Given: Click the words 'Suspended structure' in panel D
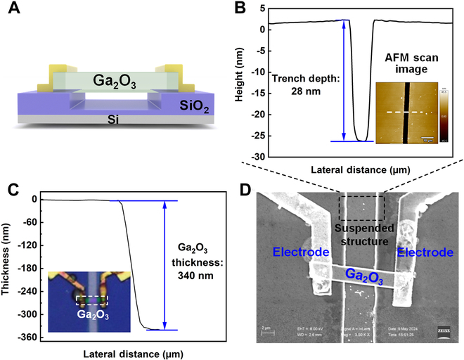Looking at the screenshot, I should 362,235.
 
